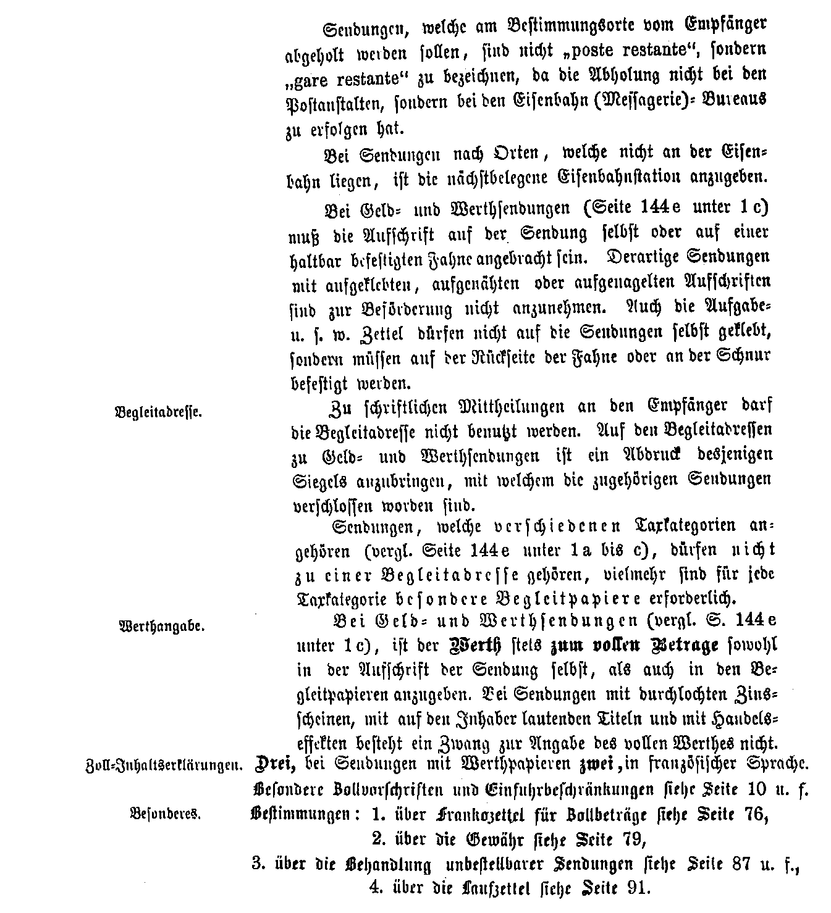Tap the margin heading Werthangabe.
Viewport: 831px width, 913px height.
coord(161,626)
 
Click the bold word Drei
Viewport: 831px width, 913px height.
coord(274,764)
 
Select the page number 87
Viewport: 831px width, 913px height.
coord(728,864)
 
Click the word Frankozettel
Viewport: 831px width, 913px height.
coord(478,815)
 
